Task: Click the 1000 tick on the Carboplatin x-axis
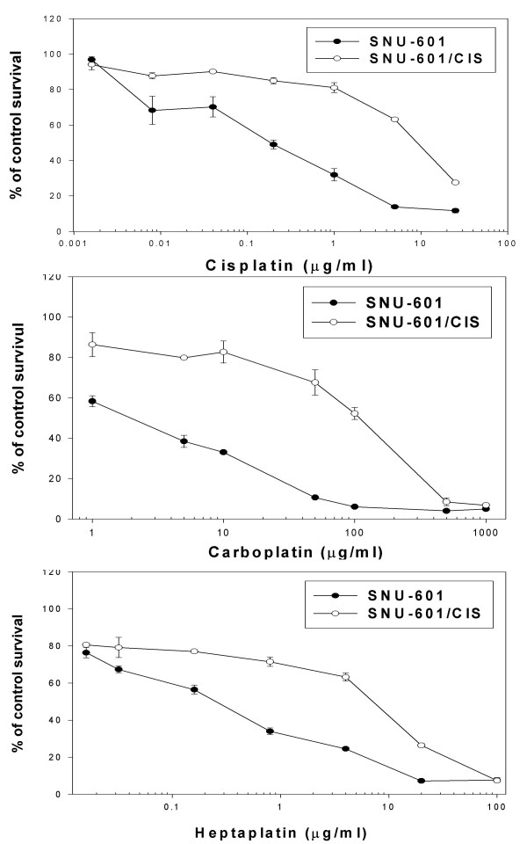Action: pyautogui.click(x=485, y=530)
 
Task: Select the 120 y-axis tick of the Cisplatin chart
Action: pyautogui.click(x=54, y=18)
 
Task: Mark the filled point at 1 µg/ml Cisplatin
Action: pyautogui.click(x=334, y=174)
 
